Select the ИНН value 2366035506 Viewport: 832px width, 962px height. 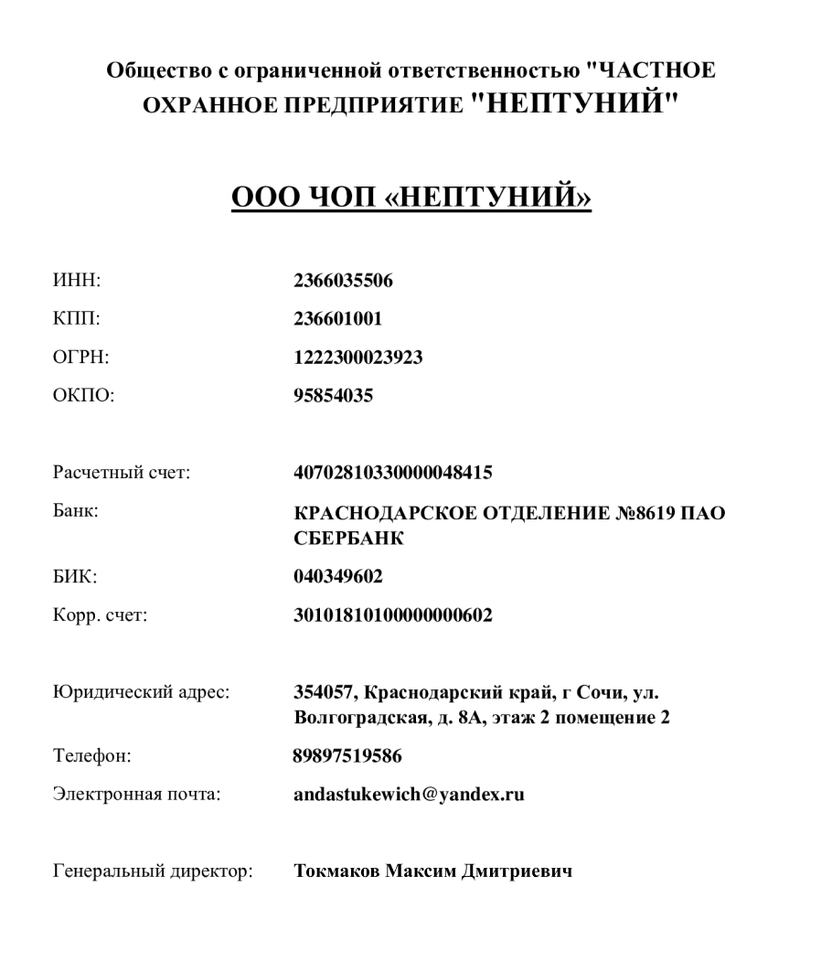(x=343, y=281)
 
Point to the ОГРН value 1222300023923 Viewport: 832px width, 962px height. (x=357, y=358)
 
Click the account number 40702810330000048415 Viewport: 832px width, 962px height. (x=392, y=473)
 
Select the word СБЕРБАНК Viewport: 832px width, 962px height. (x=349, y=540)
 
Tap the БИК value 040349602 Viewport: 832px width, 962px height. (x=337, y=577)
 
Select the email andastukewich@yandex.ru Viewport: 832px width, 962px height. (x=408, y=794)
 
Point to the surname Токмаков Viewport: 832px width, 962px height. (x=335, y=871)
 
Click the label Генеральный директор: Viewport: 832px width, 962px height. (x=151, y=871)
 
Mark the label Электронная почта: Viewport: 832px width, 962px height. (x=136, y=794)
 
